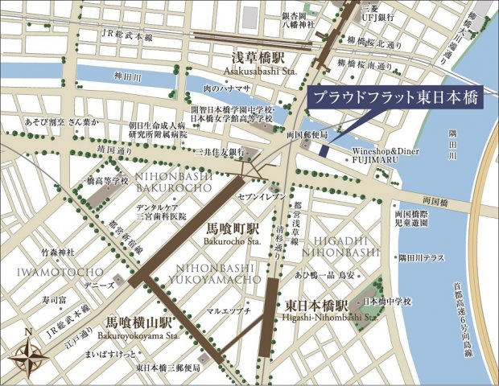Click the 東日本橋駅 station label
click(315, 307)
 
